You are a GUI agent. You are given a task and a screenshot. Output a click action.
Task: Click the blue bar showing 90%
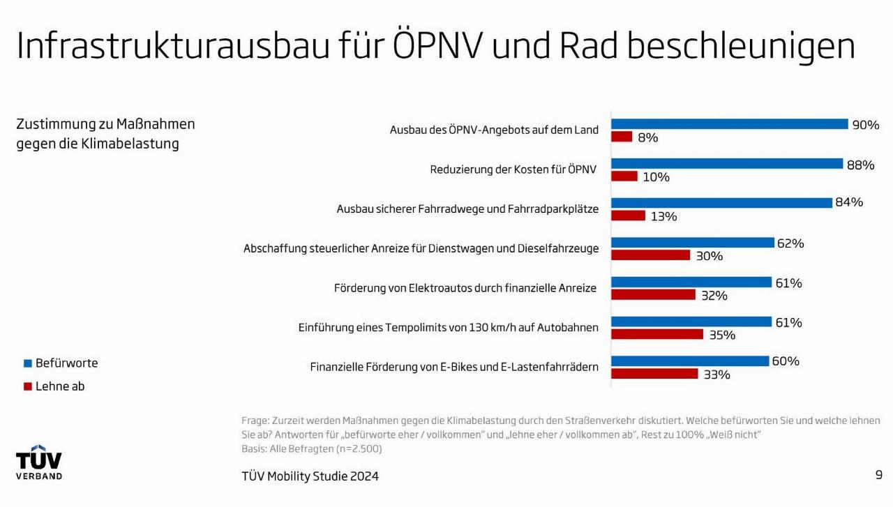point(729,124)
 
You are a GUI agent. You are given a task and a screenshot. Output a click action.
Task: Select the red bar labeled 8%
point(622,137)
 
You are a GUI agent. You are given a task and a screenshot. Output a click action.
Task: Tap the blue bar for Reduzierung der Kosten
point(727,164)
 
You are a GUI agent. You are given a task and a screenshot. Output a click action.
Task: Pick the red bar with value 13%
point(628,215)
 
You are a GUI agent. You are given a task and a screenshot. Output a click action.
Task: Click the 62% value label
point(790,243)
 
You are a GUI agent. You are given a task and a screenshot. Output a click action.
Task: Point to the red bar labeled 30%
point(650,255)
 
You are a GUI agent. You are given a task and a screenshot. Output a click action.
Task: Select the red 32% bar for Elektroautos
point(653,295)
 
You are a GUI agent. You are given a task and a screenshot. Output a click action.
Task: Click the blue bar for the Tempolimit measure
point(691,321)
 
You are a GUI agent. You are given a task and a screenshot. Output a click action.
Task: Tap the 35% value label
point(722,335)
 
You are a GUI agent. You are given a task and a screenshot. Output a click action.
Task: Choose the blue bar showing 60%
point(690,361)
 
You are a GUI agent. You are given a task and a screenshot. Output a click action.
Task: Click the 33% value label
point(716,374)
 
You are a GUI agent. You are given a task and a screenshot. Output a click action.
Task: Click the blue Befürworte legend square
point(28,363)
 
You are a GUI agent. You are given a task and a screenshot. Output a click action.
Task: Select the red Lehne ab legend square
point(28,386)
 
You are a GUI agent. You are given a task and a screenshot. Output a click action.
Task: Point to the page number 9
point(878,475)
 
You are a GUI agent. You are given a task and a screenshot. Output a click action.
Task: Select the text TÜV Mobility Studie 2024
point(310,476)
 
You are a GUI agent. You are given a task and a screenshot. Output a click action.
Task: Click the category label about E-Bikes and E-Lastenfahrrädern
point(454,367)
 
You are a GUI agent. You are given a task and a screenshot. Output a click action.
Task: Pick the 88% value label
point(860,165)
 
